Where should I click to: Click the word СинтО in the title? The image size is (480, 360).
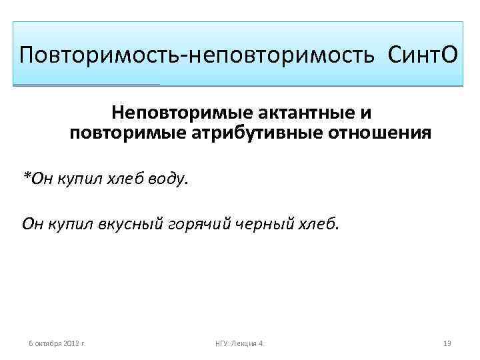click(x=421, y=54)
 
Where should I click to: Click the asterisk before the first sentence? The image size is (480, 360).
click(x=26, y=175)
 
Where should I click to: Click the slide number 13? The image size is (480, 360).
click(x=447, y=343)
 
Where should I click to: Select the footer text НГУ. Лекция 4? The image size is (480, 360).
click(x=240, y=343)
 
